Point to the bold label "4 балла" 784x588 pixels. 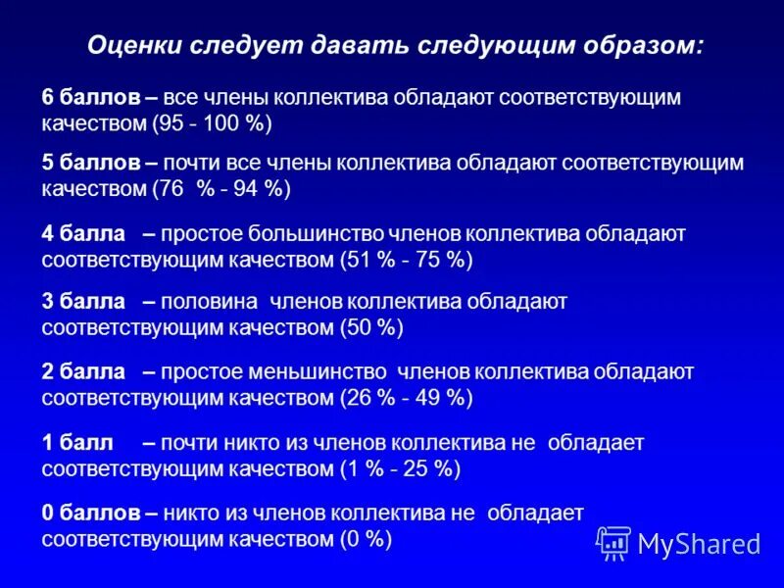[x=84, y=234]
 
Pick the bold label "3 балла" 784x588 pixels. [x=84, y=302]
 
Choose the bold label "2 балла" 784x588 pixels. [x=84, y=372]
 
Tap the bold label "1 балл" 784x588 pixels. [x=78, y=443]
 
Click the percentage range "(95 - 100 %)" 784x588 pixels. [x=212, y=124]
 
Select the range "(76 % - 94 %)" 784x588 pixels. [x=221, y=189]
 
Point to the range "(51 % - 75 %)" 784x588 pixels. [x=407, y=261]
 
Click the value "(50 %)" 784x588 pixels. [x=372, y=328]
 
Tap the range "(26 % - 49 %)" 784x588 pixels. [x=407, y=399]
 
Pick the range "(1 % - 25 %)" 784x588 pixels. [x=400, y=469]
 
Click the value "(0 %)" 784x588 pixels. [x=366, y=539]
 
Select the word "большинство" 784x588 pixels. [x=301, y=234]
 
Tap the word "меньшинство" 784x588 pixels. [x=309, y=372]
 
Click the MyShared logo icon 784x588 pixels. [x=613, y=541]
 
